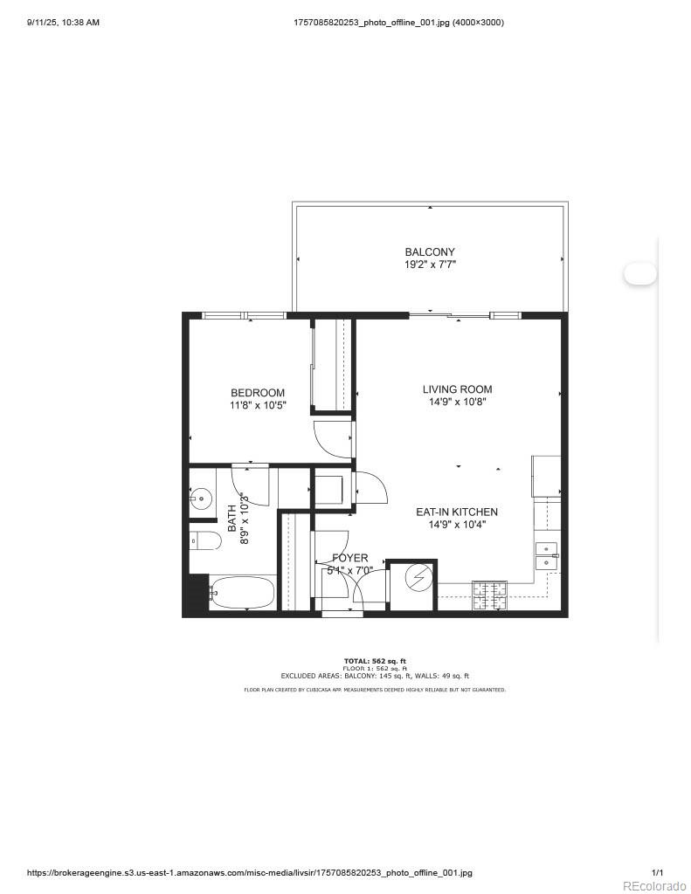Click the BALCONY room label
430,252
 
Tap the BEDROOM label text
258,393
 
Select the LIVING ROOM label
457,389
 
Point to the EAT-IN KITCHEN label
457,512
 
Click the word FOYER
350,558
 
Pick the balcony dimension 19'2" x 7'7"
430,264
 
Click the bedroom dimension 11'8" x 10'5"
258,405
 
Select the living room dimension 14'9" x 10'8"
457,402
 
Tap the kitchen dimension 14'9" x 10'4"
457,525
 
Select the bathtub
242,593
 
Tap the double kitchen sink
546,556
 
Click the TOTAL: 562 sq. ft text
375,661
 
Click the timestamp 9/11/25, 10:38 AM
62,22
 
